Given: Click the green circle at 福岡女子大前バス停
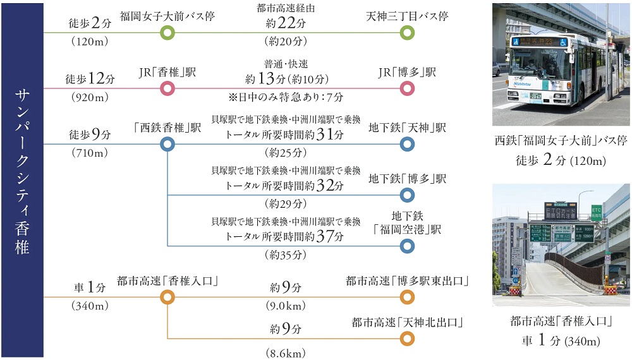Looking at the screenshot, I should click(167, 32).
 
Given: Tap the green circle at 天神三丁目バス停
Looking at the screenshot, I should click(408, 32).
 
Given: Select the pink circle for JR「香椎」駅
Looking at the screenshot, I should click(167, 88).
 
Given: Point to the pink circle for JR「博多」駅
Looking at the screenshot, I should click(408, 88).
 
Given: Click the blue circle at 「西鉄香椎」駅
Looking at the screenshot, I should click(167, 145).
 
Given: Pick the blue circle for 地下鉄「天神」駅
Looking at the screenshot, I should click(408, 145).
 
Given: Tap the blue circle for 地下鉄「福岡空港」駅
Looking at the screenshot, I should click(408, 246).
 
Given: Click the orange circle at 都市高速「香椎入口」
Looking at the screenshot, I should click(167, 297).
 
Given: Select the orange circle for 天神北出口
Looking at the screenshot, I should click(408, 339).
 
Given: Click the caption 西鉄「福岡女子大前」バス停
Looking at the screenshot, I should click(561, 140).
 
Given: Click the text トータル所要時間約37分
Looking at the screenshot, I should click(285, 236).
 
